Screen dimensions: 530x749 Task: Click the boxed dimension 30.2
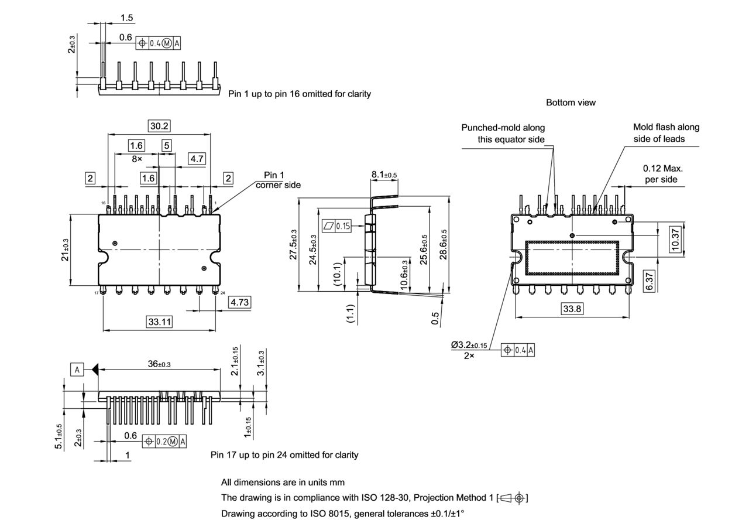pyautogui.click(x=159, y=126)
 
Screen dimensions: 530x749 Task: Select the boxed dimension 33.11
pyautogui.click(x=159, y=322)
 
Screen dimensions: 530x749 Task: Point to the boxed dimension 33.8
pyautogui.click(x=572, y=309)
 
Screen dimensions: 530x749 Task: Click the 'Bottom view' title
pyautogui.click(x=571, y=102)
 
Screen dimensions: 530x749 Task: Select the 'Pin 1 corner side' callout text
pyautogui.click(x=277, y=180)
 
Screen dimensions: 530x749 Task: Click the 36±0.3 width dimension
pyautogui.click(x=159, y=364)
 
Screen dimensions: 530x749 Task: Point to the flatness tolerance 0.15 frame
pyautogui.click(x=336, y=225)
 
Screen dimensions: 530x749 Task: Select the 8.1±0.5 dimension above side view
pyautogui.click(x=384, y=175)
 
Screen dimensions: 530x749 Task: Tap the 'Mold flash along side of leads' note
pyautogui.click(x=665, y=133)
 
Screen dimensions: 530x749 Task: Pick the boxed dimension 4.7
pyautogui.click(x=197, y=158)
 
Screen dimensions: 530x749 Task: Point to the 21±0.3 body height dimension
pyautogui.click(x=66, y=250)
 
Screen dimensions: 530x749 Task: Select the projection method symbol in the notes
pyautogui.click(x=512, y=498)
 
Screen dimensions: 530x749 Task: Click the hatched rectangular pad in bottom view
pyautogui.click(x=572, y=258)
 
